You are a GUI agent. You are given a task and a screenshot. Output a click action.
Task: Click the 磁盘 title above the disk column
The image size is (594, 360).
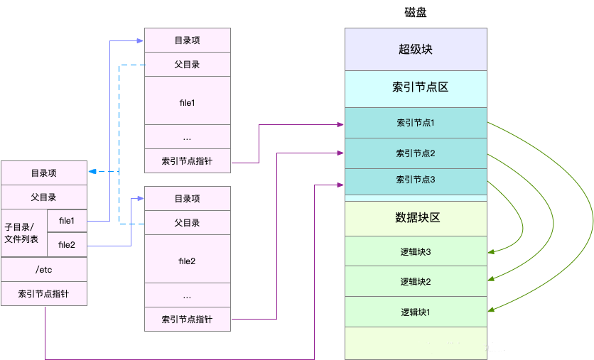click(416, 13)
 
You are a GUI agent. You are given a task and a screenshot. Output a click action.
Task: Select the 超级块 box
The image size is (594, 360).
click(416, 50)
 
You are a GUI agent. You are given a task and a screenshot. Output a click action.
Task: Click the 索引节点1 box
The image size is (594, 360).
click(416, 123)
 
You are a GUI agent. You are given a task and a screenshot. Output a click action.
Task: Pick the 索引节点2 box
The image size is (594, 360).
click(416, 153)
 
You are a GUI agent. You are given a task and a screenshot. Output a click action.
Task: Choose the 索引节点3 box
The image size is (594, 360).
click(416, 180)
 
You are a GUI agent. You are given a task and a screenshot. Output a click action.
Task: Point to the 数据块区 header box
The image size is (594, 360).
click(416, 218)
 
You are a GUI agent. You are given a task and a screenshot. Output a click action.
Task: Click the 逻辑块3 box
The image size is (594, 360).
click(416, 251)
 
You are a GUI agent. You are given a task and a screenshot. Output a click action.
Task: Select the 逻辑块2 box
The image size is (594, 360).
click(416, 281)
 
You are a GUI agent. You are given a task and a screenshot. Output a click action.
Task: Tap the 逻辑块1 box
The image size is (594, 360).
click(416, 312)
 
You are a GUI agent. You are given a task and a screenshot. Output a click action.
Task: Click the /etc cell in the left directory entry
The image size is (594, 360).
click(44, 269)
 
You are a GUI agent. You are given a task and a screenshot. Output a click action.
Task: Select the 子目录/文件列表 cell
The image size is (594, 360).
click(24, 233)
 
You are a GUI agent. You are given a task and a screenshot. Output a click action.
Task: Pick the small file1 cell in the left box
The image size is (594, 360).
click(67, 221)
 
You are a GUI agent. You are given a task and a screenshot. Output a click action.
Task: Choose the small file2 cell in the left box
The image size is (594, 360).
click(67, 245)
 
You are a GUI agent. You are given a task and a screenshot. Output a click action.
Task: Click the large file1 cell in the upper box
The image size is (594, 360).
click(188, 102)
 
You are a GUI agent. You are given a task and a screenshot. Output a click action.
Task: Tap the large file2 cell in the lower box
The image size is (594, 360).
click(188, 261)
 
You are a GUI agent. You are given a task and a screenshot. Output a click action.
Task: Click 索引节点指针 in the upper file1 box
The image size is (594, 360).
click(188, 160)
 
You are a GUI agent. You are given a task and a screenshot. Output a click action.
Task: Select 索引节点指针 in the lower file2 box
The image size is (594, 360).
click(188, 320)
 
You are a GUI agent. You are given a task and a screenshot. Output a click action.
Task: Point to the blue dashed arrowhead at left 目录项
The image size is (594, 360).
click(92, 171)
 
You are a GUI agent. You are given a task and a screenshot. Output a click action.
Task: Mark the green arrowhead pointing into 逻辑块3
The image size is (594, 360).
click(491, 251)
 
